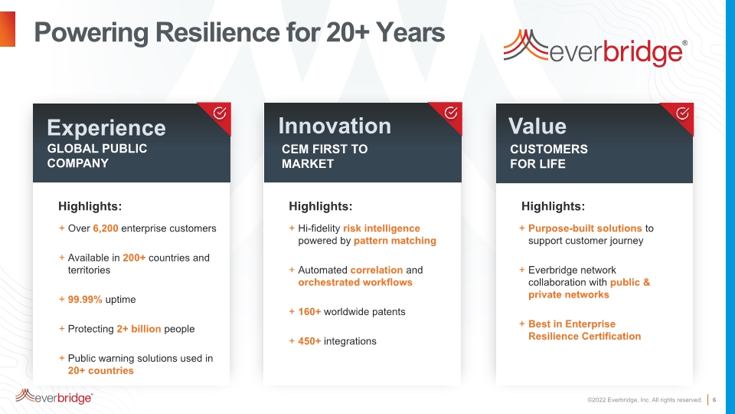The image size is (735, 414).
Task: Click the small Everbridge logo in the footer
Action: (x=54, y=396)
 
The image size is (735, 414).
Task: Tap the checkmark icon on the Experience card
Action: (x=220, y=113)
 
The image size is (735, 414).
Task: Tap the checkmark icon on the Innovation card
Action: (x=451, y=113)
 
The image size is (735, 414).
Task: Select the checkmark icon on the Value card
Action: (x=682, y=113)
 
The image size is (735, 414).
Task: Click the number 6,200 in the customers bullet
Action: (x=106, y=228)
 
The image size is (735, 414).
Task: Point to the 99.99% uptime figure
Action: (x=85, y=300)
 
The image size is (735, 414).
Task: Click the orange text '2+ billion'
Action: (x=139, y=329)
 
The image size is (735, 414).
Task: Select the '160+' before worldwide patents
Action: (x=309, y=312)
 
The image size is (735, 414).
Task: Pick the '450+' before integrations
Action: (x=309, y=341)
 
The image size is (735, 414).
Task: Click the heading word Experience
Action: (x=106, y=129)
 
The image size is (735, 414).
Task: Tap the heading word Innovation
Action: (x=335, y=126)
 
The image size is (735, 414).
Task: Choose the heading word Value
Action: (x=537, y=127)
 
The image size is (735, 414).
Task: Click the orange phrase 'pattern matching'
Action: (x=395, y=241)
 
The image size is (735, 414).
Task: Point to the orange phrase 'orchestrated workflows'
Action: (x=355, y=282)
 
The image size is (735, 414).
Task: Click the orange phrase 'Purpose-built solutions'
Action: (x=585, y=228)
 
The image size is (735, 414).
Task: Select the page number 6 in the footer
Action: (x=714, y=400)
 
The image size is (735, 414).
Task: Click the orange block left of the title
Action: (x=8, y=29)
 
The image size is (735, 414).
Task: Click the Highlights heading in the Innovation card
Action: (x=321, y=206)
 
